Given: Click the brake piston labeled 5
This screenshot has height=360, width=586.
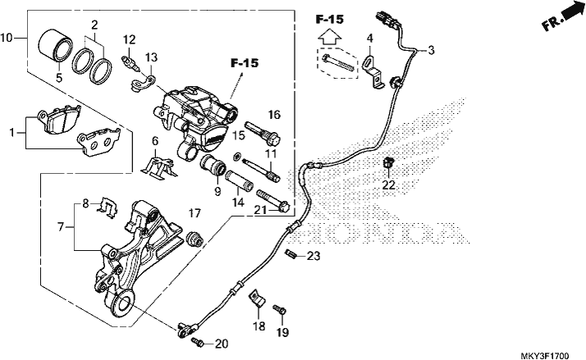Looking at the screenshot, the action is (x=54, y=44).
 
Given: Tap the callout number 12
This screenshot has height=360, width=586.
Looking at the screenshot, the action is (x=130, y=39).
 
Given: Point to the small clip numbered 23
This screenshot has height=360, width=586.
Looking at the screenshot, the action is (x=291, y=254).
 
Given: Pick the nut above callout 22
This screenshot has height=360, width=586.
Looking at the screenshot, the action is (x=389, y=162).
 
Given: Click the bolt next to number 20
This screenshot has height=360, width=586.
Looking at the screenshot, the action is (x=198, y=341).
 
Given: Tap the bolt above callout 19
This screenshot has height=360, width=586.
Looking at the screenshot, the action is (x=280, y=310).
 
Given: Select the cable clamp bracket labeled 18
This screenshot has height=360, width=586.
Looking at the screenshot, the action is (x=256, y=298).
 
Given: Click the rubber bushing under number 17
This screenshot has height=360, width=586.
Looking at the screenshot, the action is (x=195, y=239).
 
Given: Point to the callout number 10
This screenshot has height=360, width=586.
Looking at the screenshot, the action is (x=7, y=38).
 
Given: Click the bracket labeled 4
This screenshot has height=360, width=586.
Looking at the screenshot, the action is (x=373, y=72).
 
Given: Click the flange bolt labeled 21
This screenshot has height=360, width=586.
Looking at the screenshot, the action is (x=273, y=200).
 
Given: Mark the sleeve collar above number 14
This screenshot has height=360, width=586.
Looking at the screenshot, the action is (x=240, y=180).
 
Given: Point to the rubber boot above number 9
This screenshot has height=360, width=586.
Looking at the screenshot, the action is (x=213, y=166).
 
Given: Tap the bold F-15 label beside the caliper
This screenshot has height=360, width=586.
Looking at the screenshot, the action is (x=245, y=63).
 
